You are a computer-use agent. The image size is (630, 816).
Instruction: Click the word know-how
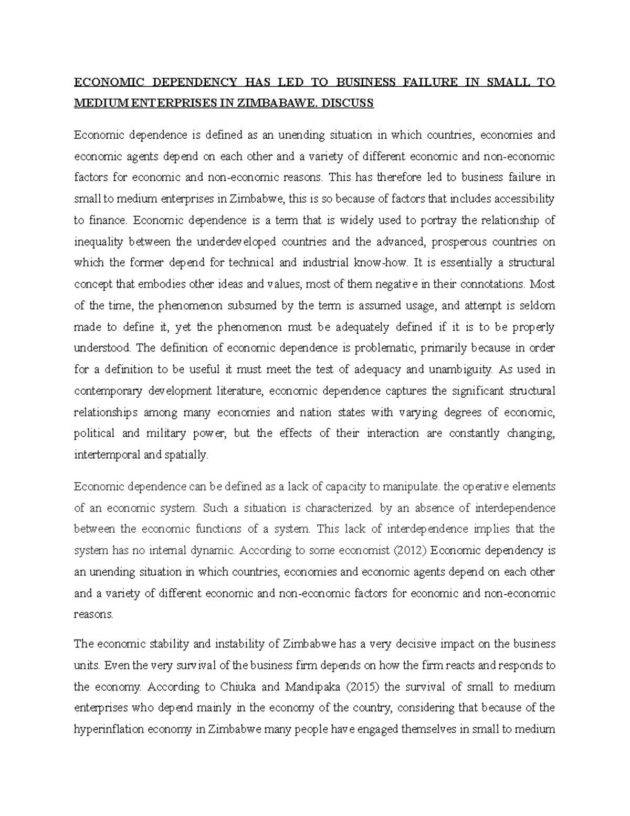pos(382,263)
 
